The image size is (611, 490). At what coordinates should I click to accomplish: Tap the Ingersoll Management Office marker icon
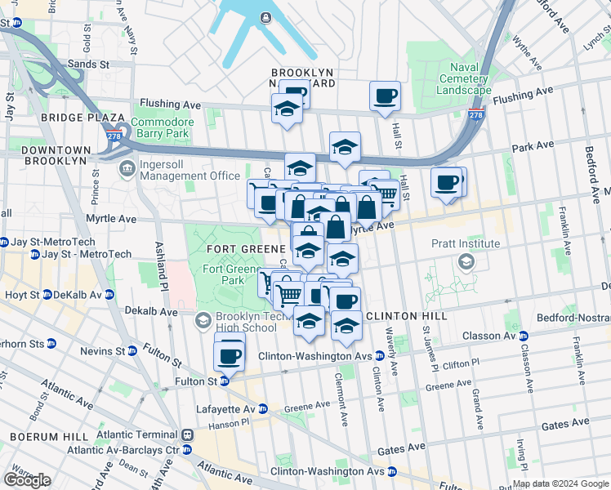(x=127, y=169)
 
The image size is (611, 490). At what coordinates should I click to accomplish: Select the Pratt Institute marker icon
(x=466, y=261)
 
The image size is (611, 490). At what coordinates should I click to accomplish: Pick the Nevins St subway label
(x=107, y=351)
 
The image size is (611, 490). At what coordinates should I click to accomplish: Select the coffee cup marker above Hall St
(x=385, y=96)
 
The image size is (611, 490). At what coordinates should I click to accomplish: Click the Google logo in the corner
(x=27, y=480)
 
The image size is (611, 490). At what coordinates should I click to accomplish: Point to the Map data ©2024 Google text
(x=560, y=483)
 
